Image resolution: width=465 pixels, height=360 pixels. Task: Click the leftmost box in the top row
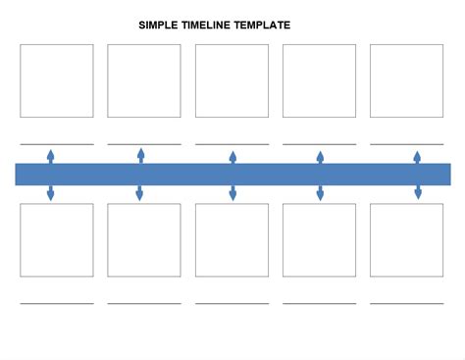coord(57,80)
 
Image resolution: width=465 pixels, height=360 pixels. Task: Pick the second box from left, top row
coord(144,80)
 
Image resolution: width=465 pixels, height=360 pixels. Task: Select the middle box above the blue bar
coord(232,80)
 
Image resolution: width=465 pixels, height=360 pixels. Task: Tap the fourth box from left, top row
coord(319,80)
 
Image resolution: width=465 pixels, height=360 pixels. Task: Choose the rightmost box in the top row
coord(406,80)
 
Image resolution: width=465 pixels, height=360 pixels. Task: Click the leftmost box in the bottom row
coord(57,240)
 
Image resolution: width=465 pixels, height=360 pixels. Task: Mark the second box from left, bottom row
coord(144,240)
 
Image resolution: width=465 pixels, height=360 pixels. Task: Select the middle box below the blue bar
coord(232,240)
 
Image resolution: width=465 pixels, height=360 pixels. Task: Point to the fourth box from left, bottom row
coord(319,240)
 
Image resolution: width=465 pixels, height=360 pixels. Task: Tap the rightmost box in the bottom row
coord(406,240)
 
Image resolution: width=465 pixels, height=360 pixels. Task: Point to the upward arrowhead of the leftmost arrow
coord(51,154)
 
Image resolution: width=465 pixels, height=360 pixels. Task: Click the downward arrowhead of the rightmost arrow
coord(418,194)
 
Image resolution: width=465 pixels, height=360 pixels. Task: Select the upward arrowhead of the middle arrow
coord(232,155)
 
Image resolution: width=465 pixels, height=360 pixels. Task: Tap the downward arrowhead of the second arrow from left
coord(139,195)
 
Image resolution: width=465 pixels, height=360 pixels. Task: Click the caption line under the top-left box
coord(57,143)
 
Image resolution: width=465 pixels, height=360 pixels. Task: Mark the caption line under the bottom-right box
coord(406,303)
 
